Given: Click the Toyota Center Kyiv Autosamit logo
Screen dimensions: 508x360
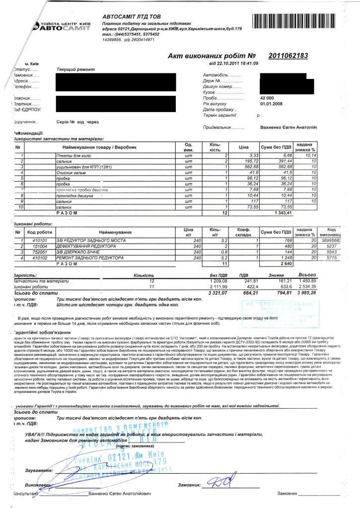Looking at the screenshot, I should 62,26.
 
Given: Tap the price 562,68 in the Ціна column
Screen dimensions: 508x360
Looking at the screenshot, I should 243,167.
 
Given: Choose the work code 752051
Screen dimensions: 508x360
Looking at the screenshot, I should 40,252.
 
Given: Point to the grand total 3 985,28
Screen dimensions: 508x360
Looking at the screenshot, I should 307,293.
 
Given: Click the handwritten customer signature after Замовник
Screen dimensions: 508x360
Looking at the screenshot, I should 220,480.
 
